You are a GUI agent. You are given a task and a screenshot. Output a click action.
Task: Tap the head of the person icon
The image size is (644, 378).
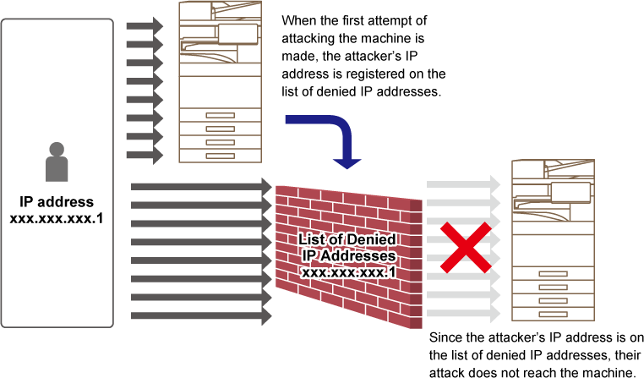pos(57,150)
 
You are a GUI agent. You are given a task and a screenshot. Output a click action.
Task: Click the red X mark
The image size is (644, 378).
pos(465,248)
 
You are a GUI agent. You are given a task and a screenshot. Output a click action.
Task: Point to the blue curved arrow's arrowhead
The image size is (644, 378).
pos(347,162)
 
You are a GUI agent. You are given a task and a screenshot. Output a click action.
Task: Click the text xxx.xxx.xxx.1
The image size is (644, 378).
pos(348,272)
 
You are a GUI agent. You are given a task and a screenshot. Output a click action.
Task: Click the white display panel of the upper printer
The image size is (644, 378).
pos(237,34)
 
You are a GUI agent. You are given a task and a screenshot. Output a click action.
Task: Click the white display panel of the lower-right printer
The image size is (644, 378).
pos(570,192)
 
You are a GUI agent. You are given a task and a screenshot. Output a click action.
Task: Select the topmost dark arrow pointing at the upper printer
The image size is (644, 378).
pos(145,26)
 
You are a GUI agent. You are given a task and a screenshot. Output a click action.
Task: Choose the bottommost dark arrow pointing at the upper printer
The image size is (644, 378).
pos(145,156)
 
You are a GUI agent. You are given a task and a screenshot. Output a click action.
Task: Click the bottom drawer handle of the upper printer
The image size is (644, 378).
pos(220,156)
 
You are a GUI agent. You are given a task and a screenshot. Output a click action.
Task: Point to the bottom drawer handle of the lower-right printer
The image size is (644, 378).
pos(553,315)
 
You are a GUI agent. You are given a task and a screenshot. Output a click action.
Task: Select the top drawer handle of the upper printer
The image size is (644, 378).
pos(220,115)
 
